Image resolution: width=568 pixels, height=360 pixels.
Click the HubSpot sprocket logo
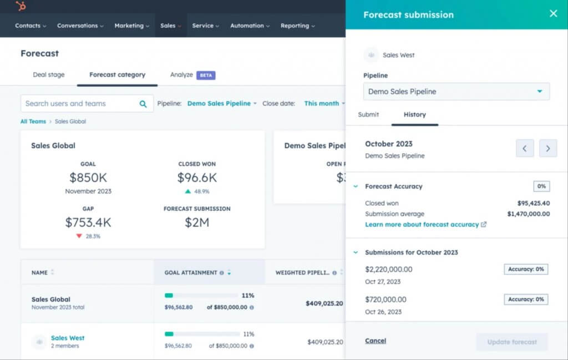(x=21, y=6)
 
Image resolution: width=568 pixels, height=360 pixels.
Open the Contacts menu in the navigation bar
(x=31, y=26)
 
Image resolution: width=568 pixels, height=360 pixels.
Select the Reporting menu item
(x=297, y=26)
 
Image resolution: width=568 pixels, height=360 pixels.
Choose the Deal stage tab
(x=49, y=75)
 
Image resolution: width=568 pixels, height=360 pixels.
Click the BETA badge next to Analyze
(x=206, y=75)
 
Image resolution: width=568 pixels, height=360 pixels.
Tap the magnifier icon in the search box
(x=143, y=104)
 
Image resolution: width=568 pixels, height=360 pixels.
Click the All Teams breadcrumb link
(x=33, y=121)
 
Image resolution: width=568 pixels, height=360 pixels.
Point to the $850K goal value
(x=88, y=178)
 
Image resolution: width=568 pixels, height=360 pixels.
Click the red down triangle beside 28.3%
(x=80, y=236)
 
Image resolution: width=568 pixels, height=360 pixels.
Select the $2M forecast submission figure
(x=197, y=222)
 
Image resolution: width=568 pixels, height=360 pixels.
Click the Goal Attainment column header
(x=191, y=273)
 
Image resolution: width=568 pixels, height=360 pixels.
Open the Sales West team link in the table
(x=68, y=338)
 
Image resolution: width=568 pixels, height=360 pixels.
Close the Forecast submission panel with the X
(x=553, y=13)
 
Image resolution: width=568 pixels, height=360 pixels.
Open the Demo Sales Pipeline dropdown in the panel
(x=456, y=92)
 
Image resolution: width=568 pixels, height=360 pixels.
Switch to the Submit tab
(x=369, y=115)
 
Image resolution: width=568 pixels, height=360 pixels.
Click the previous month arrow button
(x=525, y=148)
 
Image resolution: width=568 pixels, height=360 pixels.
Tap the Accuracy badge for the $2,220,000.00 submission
(x=526, y=270)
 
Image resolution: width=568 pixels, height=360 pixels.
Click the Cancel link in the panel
(x=376, y=341)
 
